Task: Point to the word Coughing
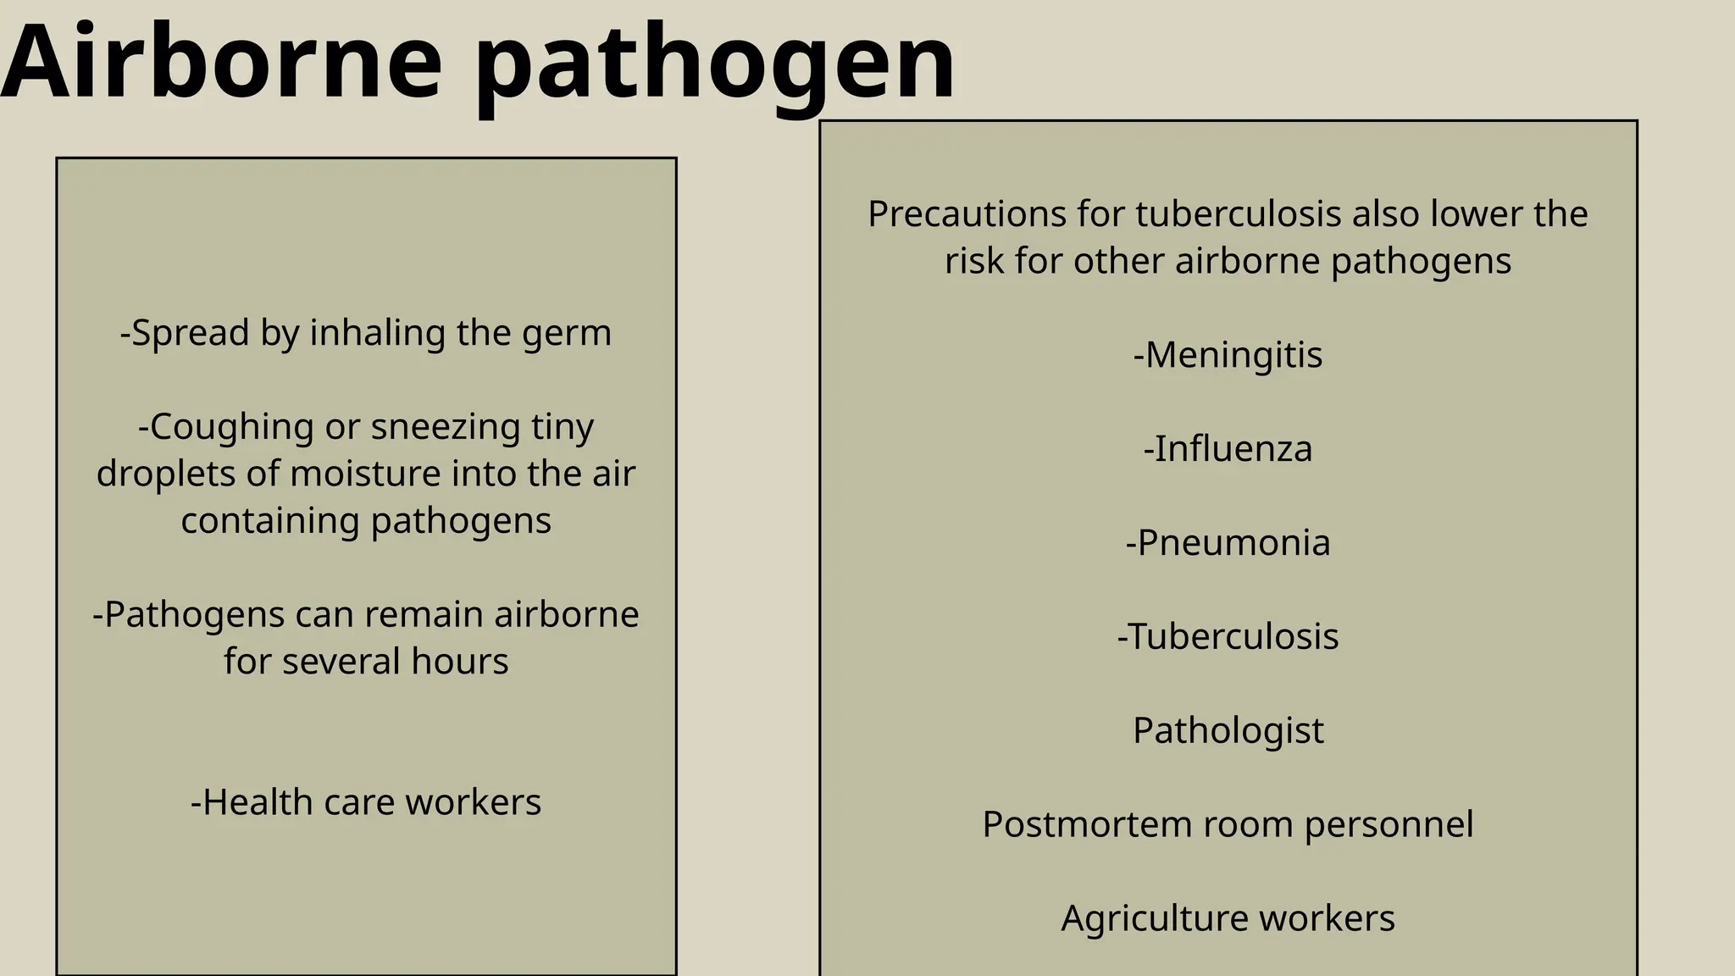[x=225, y=427]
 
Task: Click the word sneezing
[x=446, y=427]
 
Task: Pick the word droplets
[x=166, y=474]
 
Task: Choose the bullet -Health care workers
[x=366, y=802]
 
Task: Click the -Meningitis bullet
[x=1228, y=355]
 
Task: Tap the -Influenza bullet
[x=1228, y=449]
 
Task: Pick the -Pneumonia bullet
[x=1228, y=543]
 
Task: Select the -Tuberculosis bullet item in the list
[x=1228, y=637]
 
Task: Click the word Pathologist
[x=1228, y=731]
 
